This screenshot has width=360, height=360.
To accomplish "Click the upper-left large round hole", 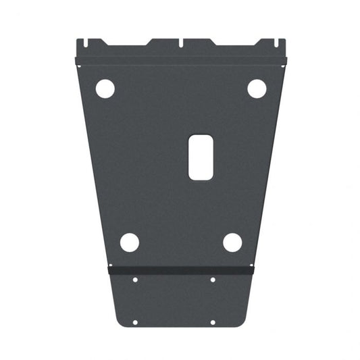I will click(105, 88).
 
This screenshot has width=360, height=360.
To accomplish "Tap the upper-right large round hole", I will click(257, 88).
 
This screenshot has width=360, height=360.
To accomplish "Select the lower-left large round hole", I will click(130, 242).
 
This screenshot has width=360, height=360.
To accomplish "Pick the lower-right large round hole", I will click(232, 242).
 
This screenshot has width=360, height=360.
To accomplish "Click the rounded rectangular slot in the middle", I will click(201, 157).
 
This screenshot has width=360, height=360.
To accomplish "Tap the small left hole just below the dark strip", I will click(135, 280).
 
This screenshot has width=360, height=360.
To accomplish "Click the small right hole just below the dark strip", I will click(213, 280).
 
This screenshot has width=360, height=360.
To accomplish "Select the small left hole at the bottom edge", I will click(135, 322).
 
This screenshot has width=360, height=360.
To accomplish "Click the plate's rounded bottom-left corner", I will click(118, 322).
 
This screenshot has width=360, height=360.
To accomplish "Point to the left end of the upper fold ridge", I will click(77, 61).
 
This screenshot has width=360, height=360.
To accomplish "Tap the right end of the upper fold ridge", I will click(285, 60).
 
